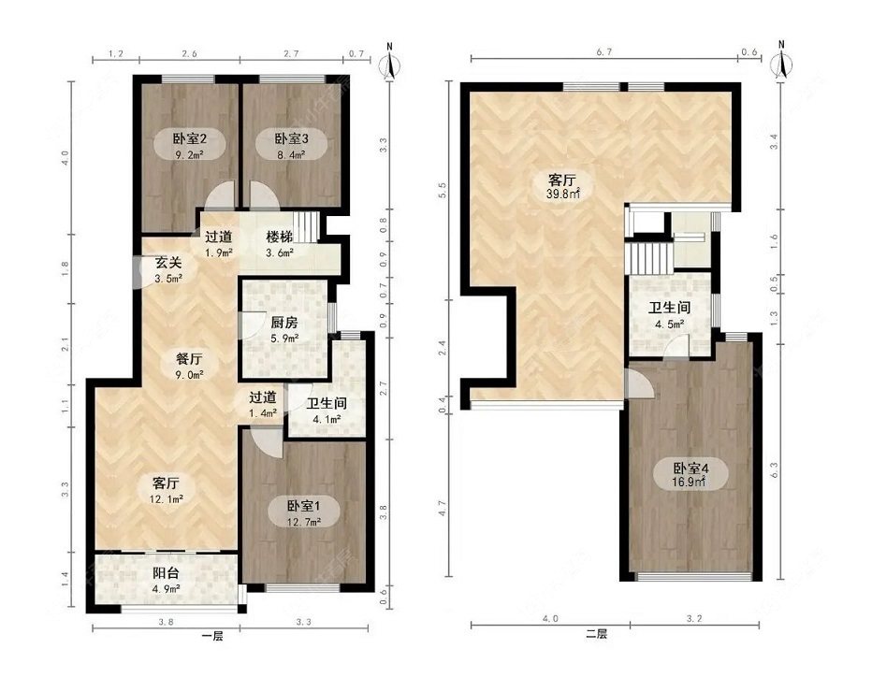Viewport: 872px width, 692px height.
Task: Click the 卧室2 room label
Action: click(x=190, y=137)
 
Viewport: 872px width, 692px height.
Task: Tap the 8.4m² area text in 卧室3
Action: click(x=291, y=155)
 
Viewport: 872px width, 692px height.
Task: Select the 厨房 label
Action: click(x=283, y=323)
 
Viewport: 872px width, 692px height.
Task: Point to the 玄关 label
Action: click(x=168, y=263)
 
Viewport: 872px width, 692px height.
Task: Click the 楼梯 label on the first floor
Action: click(x=279, y=237)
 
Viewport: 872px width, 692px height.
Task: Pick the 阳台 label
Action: click(x=166, y=573)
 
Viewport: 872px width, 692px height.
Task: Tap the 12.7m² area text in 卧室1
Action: click(x=304, y=522)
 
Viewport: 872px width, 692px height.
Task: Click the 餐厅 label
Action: click(x=189, y=359)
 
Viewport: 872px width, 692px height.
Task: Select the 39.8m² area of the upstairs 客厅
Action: click(x=562, y=194)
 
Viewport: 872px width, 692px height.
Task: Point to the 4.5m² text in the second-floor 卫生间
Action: click(x=670, y=324)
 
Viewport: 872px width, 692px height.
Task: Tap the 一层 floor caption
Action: click(x=212, y=637)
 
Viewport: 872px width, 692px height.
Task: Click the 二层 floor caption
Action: click(x=596, y=634)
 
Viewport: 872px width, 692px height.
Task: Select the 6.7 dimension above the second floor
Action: click(x=604, y=52)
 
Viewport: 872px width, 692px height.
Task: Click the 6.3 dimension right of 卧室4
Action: click(x=774, y=469)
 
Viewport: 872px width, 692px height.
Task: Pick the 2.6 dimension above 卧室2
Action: click(x=190, y=54)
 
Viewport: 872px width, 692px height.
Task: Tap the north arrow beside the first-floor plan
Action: click(x=390, y=63)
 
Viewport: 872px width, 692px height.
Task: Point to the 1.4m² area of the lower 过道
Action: click(x=263, y=413)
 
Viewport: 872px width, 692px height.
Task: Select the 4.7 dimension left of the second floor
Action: click(x=443, y=509)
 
